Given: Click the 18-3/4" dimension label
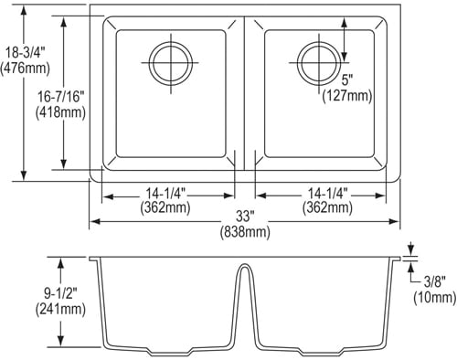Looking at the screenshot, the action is coord(26,53).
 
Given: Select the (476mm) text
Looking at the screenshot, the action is coord(25,68).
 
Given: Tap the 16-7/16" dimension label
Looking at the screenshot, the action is coord(60,98).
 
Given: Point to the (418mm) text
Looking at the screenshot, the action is coord(60,112).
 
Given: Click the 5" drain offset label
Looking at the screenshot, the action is coord(346,81).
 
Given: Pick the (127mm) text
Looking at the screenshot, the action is coord(347,96).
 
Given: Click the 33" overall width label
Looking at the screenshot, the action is coord(245,217).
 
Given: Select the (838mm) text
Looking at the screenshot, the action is coord(245,232).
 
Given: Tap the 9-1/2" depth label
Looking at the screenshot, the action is coord(61,294).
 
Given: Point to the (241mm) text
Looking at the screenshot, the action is coord(60,309).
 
